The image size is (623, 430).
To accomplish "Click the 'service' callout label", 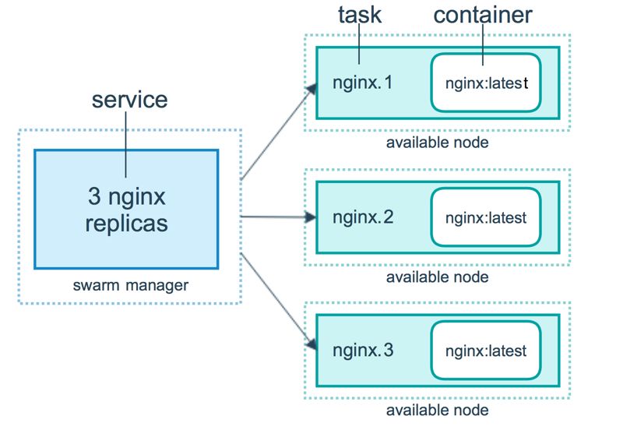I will pos(129,100).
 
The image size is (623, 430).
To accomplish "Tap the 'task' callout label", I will pos(358,15).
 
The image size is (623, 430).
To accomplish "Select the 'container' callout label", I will pos(483,15).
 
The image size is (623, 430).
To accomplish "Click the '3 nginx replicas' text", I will pos(126,208).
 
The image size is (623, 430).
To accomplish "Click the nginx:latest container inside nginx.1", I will pos(486,83).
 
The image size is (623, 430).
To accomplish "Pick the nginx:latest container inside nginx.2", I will pos(486,217).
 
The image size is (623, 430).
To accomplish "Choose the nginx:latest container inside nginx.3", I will pos(486,351).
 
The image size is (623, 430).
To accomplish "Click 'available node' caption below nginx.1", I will pos(438,143).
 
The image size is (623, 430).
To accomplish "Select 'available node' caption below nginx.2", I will pos(438,277).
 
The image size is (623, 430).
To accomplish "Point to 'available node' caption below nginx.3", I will pos(438,410).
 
